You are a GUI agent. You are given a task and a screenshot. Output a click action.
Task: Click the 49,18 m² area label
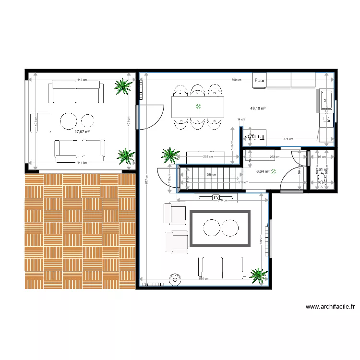tap(258, 108)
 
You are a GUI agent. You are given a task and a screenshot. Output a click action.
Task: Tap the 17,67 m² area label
tap(82, 131)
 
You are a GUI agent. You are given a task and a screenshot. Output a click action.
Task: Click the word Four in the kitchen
tap(260, 81)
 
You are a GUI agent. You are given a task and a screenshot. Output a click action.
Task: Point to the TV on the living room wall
tap(216, 197)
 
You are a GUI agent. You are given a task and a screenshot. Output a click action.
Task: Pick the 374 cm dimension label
tap(288, 139)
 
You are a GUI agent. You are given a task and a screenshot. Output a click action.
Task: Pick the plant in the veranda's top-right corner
tap(123, 87)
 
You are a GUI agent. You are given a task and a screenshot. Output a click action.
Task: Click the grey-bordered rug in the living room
tap(221, 228)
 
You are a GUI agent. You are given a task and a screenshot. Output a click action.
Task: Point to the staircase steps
tap(209, 177)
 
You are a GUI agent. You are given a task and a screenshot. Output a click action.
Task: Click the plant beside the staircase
tap(170, 155)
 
